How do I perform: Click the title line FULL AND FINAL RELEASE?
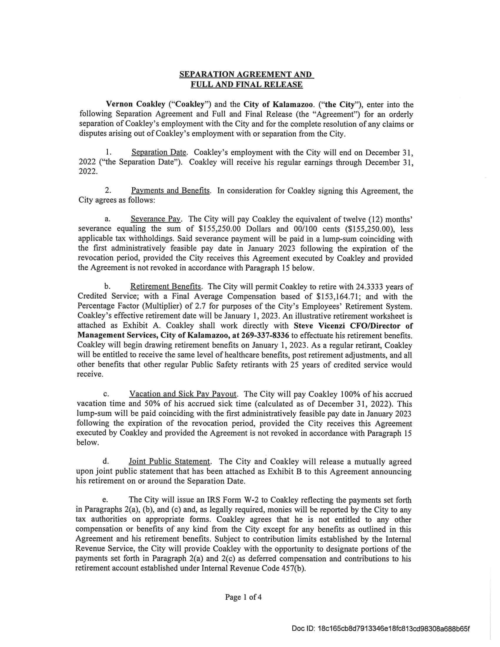click(246, 85)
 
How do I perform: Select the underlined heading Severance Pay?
click(156, 219)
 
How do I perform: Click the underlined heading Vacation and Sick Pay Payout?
click(183, 394)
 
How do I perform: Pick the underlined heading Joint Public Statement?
click(169, 461)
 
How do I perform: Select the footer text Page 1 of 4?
click(243, 597)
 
